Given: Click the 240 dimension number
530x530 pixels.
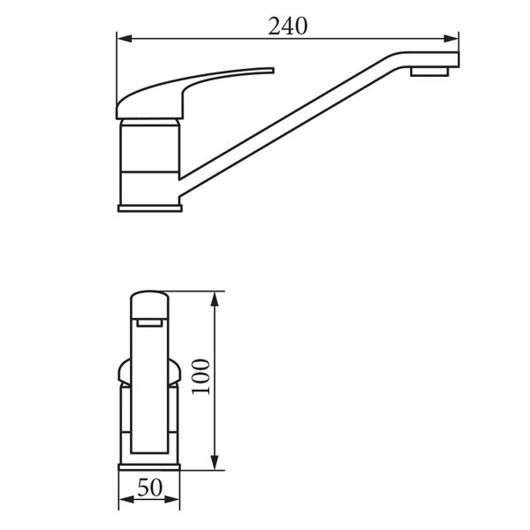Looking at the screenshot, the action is (288, 26).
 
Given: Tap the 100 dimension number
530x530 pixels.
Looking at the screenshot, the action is (201, 376).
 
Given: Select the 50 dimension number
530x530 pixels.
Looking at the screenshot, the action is (150, 488).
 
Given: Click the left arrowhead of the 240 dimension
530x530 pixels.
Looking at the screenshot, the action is (125, 39).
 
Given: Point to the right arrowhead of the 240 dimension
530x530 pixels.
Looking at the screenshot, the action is (450, 39).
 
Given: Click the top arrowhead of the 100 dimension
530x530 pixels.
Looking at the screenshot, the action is (215, 299).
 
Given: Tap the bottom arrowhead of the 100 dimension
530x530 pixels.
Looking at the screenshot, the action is (215, 462).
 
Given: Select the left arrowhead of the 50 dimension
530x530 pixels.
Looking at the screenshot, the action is (126, 499).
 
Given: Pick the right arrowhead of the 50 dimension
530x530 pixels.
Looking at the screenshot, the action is (171, 499).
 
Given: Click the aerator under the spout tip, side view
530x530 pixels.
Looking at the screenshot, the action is (429, 72).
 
